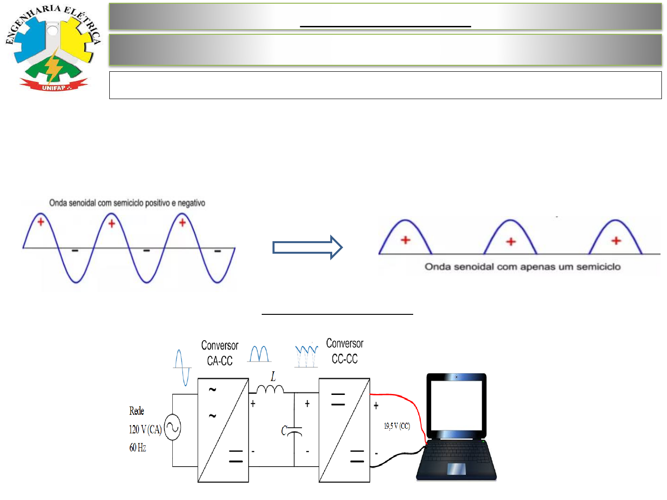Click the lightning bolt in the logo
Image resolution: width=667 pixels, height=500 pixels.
(54, 67)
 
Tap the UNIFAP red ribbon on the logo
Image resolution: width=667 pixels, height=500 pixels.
(54, 85)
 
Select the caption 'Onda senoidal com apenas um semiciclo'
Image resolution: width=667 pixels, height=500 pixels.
(522, 267)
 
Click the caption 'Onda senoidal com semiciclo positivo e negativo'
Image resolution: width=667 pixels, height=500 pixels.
(127, 203)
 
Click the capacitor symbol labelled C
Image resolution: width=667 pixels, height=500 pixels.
(294, 432)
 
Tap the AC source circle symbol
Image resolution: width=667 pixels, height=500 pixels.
(172, 427)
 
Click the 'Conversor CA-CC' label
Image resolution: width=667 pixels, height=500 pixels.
(220, 353)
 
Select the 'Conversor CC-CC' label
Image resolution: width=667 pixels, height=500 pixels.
(345, 351)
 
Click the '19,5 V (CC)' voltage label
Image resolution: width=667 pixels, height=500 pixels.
(397, 426)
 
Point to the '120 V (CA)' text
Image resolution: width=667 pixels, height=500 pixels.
(145, 430)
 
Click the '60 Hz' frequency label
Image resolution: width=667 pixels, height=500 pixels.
(138, 448)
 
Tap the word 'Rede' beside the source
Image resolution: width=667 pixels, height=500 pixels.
(137, 411)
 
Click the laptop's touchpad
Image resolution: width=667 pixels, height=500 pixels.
(456, 469)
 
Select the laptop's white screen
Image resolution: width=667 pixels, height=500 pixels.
(456, 406)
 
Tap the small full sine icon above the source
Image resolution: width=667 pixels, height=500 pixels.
(182, 367)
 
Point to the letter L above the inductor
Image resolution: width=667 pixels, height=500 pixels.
(273, 377)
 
